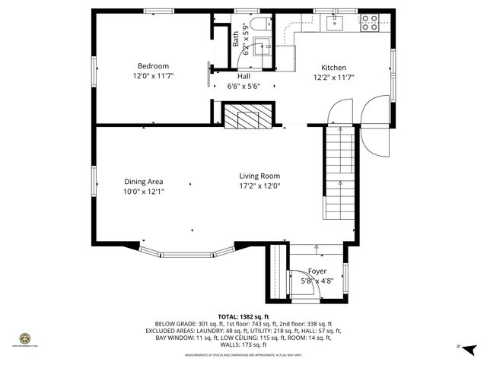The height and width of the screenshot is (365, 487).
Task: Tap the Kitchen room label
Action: [333, 68]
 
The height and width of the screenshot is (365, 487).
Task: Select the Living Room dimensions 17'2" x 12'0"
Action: [259, 186]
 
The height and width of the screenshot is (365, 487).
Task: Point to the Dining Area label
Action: [144, 182]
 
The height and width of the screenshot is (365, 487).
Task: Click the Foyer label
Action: [317, 271]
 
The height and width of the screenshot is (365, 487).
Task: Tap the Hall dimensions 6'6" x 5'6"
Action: [243, 87]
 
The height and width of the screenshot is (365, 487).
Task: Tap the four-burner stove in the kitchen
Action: [370, 23]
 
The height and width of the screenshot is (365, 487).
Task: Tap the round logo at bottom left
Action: [24, 339]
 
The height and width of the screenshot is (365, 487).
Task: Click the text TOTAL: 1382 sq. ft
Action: [243, 316]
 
